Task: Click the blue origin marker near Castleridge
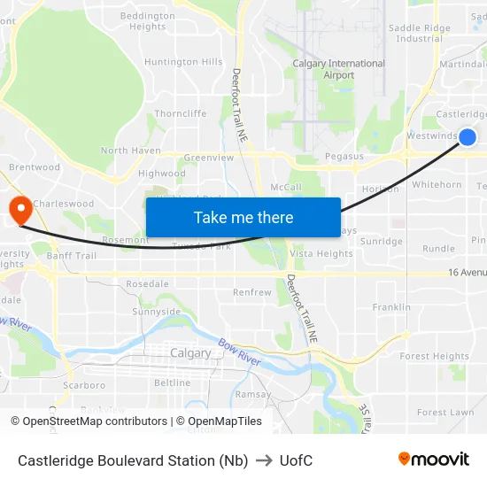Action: tap(468, 136)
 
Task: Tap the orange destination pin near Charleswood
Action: tap(19, 210)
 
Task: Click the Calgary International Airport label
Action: tap(339, 69)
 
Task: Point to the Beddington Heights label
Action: tap(147, 21)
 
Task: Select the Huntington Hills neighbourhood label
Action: tap(183, 62)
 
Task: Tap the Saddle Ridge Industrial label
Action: tap(420, 34)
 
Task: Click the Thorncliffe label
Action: tap(181, 113)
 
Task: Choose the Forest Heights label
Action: tap(434, 356)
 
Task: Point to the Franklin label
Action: tap(391, 307)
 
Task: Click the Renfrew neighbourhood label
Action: tap(251, 292)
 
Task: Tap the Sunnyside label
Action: tap(156, 312)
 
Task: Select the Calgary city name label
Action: tap(190, 352)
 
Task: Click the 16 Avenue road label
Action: tap(467, 273)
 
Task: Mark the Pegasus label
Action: tap(344, 156)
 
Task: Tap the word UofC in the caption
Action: tap(295, 460)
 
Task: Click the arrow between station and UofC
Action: tap(264, 460)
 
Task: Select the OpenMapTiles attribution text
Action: tap(219, 421)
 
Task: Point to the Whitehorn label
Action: tap(437, 185)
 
